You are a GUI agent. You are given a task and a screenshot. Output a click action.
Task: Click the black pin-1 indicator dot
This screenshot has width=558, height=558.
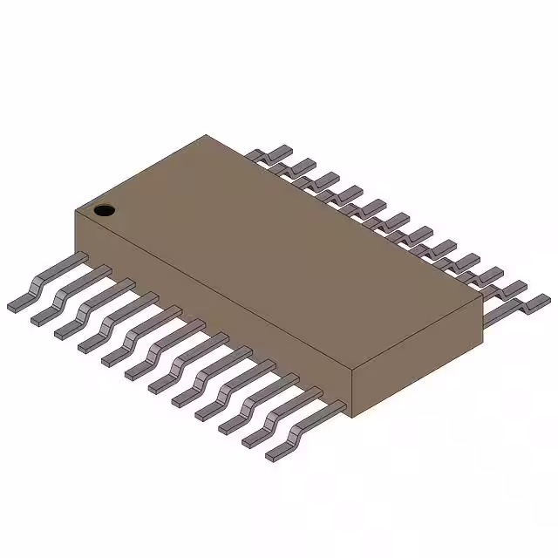pyautogui.click(x=104, y=210)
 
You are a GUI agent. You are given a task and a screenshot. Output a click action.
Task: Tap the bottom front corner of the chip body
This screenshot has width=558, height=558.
pyautogui.click(x=353, y=415)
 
